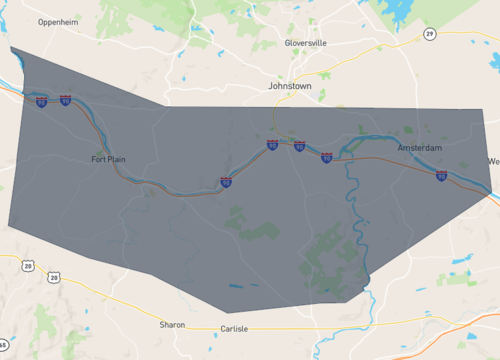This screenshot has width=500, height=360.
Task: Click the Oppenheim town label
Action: click(x=58, y=21)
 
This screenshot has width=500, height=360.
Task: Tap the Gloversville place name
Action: click(x=306, y=43)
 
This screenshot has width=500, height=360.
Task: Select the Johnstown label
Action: click(x=290, y=87)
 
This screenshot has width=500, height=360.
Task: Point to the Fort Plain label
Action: click(x=109, y=159)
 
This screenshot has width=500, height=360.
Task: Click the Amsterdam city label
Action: click(x=419, y=148)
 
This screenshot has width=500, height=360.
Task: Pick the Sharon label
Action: click(x=172, y=325)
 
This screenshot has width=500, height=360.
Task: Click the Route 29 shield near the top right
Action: click(x=430, y=34)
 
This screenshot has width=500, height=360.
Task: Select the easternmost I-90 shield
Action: click(x=441, y=176)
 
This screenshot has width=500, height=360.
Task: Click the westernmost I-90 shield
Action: click(x=41, y=102)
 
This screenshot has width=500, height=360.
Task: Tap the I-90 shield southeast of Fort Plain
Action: click(x=226, y=182)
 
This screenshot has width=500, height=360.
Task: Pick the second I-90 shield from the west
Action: click(x=66, y=101)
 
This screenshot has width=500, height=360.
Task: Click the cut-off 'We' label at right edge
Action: click(x=492, y=161)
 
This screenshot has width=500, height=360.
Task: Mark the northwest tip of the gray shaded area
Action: click(x=11, y=48)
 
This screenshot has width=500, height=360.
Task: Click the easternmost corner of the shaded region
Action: click(x=494, y=186)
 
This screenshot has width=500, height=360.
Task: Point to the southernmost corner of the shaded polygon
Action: click(x=199, y=312)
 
